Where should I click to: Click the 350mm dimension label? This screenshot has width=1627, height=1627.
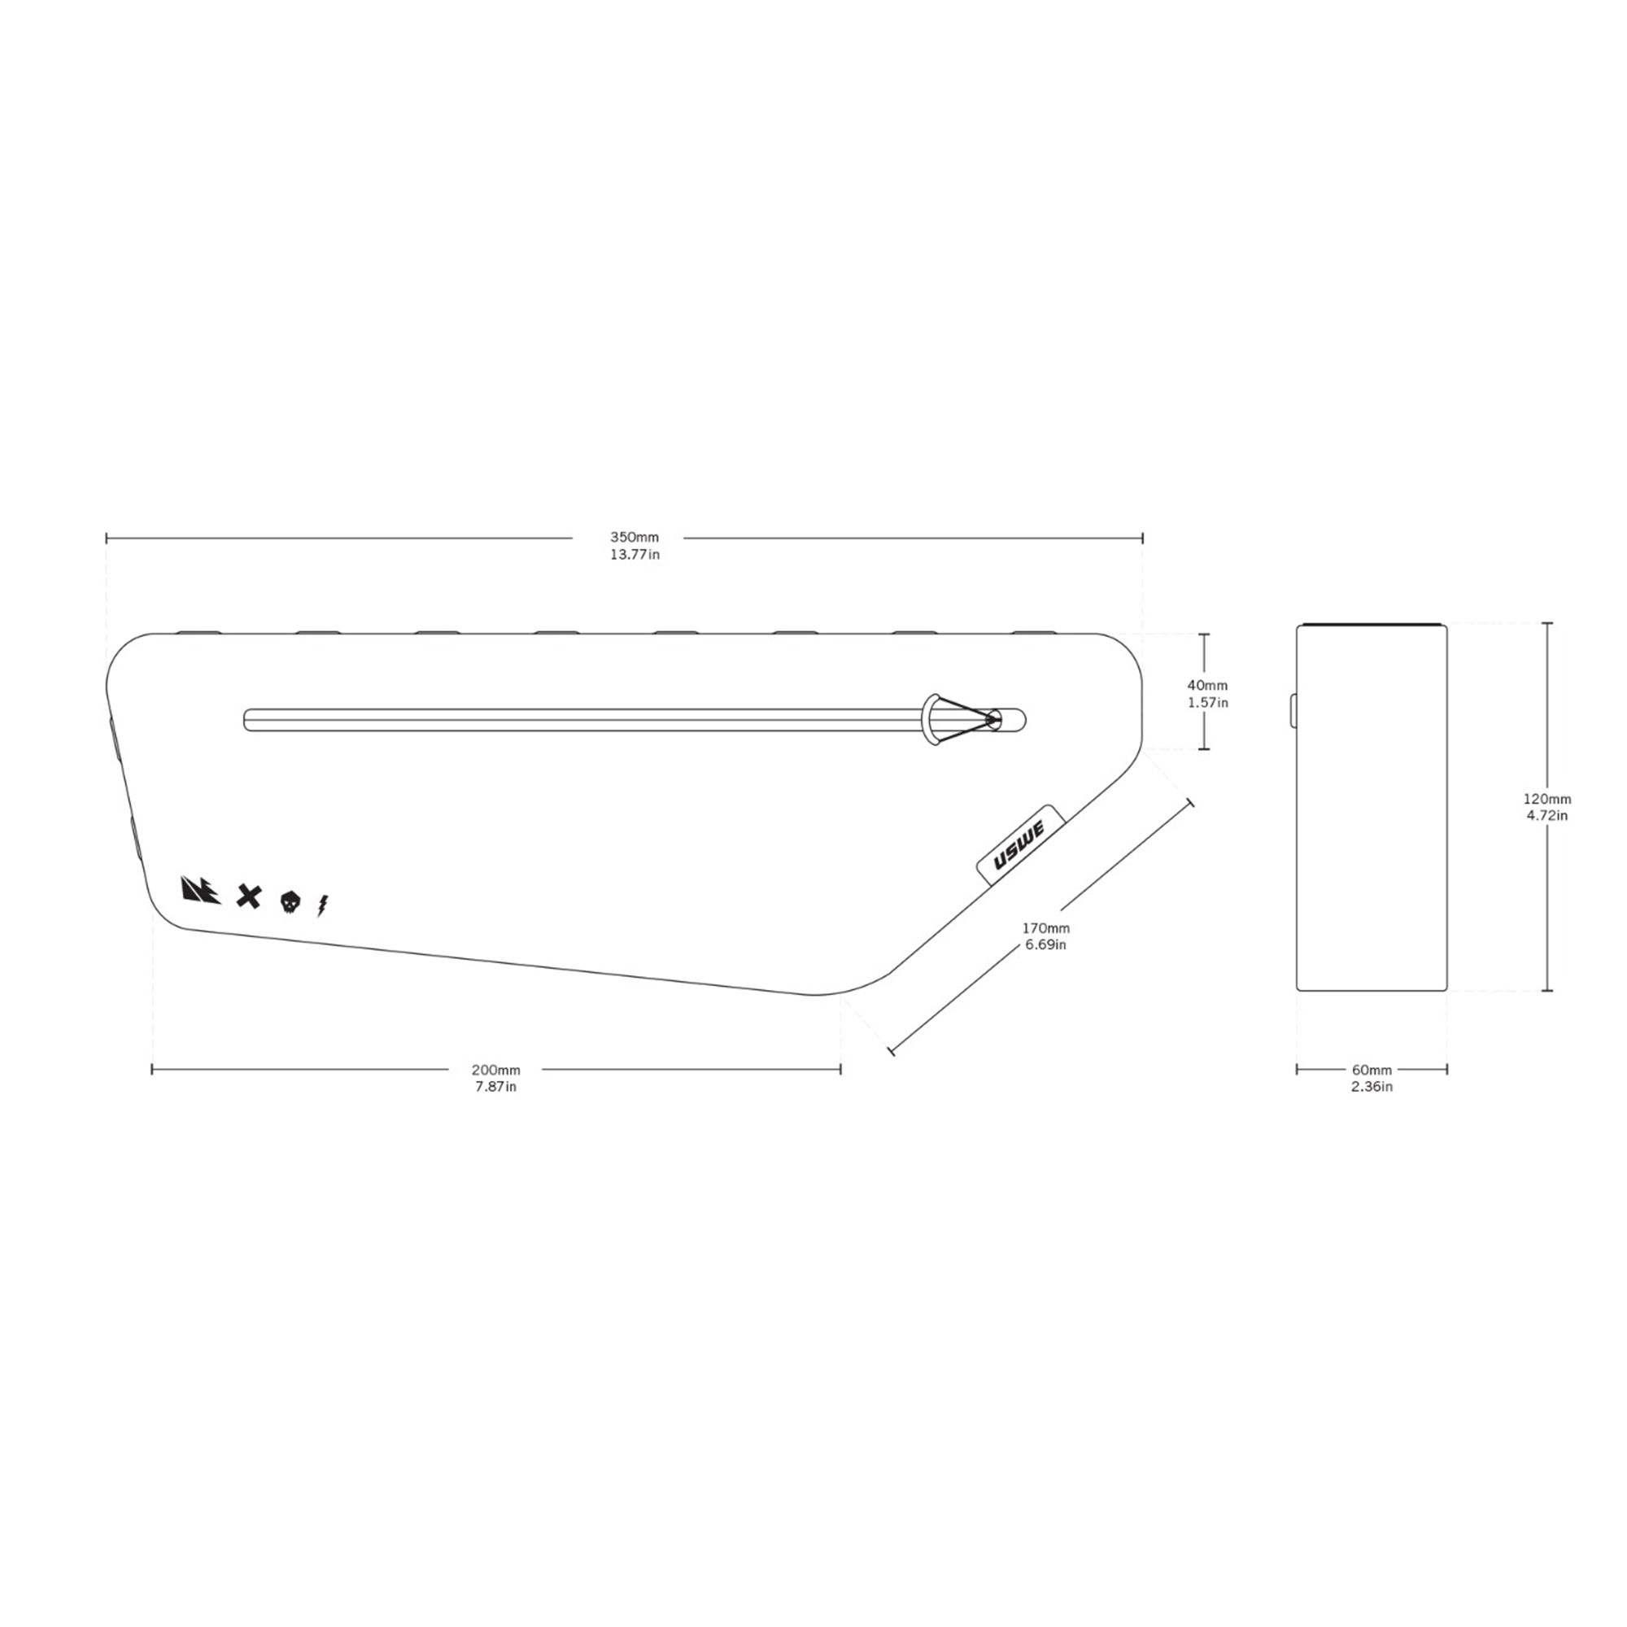(x=635, y=537)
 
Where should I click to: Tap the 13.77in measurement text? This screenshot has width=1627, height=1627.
(x=635, y=555)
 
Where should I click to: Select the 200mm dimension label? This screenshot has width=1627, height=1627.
(x=496, y=1071)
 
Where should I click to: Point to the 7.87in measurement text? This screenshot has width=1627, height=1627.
(x=496, y=1087)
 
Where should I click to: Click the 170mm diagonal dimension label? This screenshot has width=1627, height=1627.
(x=1046, y=928)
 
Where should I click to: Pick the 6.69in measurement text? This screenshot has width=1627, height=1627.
(x=1046, y=944)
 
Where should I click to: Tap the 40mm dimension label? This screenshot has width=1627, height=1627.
(x=1207, y=686)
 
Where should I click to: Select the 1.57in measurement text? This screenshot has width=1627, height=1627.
(x=1207, y=702)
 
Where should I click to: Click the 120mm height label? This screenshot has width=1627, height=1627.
(x=1547, y=799)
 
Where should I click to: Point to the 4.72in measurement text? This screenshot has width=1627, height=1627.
(x=1547, y=816)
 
